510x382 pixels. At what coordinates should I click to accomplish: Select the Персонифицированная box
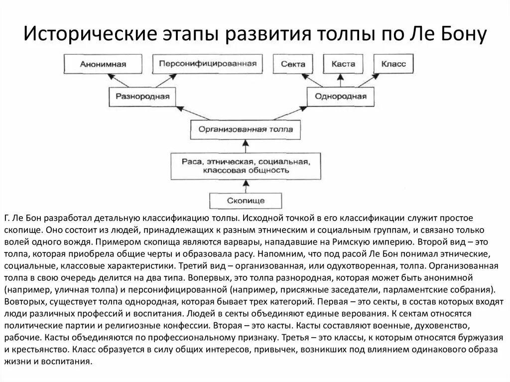[208, 64]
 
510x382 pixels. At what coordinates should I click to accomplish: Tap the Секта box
[293, 64]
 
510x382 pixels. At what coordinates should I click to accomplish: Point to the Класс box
[393, 64]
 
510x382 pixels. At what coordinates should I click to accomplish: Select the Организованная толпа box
[243, 129]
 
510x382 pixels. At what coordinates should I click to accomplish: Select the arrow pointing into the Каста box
[341, 80]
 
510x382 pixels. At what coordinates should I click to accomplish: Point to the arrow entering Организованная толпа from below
[244, 147]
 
